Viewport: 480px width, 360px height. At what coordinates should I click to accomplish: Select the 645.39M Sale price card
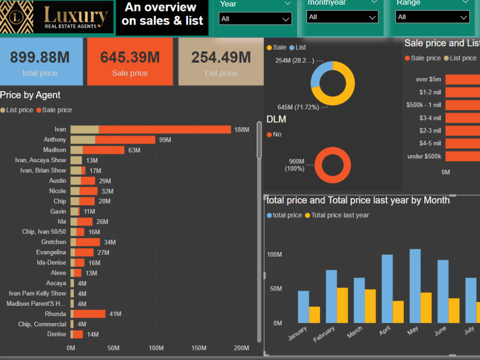pyautogui.click(x=130, y=62)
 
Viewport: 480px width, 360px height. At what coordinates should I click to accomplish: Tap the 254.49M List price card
pyautogui.click(x=221, y=62)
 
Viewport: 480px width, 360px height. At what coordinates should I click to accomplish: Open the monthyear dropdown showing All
pyautogui.click(x=342, y=17)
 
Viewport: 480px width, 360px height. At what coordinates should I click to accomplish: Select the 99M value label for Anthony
pyautogui.click(x=165, y=140)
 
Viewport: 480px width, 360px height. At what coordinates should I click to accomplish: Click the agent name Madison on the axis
pyautogui.click(x=54, y=150)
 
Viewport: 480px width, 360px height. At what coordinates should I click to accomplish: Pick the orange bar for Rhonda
pyautogui.click(x=89, y=314)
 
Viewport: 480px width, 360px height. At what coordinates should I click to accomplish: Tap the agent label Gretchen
pyautogui.click(x=53, y=242)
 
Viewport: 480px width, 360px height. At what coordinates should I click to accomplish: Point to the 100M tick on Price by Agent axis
pyautogui.click(x=156, y=348)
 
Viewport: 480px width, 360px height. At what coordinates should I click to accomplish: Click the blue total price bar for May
pyautogui.click(x=415, y=286)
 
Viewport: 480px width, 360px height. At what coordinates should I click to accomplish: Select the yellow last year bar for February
pyautogui.click(x=342, y=305)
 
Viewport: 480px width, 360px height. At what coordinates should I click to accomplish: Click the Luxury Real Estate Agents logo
pyautogui.click(x=57, y=17)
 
